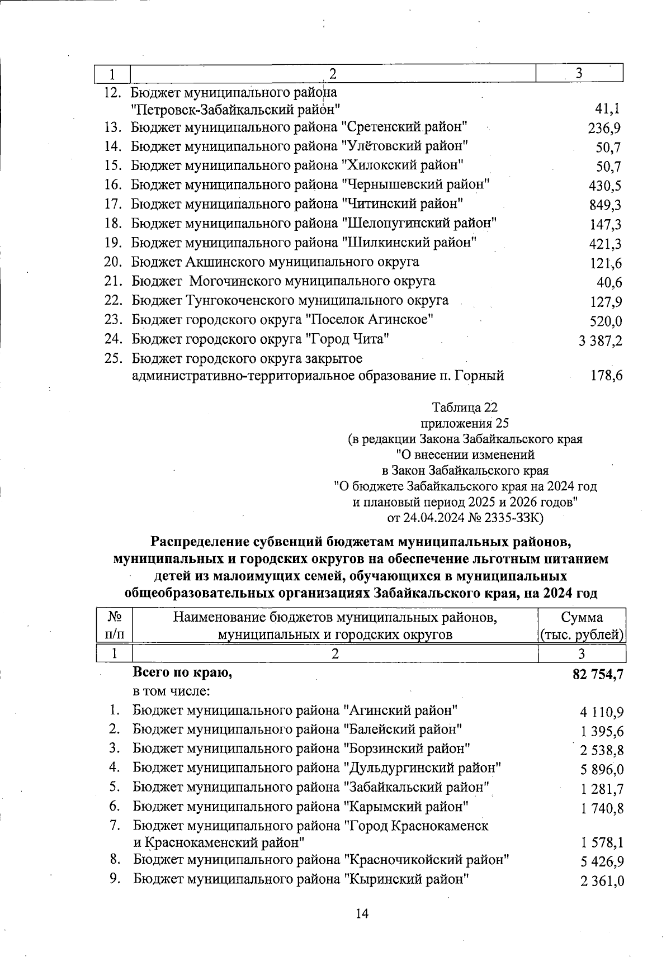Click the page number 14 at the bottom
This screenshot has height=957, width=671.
coord(362,914)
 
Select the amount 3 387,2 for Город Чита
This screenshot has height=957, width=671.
coord(601,341)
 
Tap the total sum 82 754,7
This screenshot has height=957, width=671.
coord(598,675)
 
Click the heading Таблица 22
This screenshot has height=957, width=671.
coord(465,407)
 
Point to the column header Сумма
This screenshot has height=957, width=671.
coord(582,618)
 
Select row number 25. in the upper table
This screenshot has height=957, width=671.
coord(114,358)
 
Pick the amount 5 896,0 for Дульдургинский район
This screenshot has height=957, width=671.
coord(602,770)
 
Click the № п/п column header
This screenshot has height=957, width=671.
coord(115,626)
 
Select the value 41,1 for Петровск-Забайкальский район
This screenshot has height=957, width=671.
coord(608,109)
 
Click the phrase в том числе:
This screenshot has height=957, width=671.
coord(171,691)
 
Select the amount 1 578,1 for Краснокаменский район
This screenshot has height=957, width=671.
coord(602,843)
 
